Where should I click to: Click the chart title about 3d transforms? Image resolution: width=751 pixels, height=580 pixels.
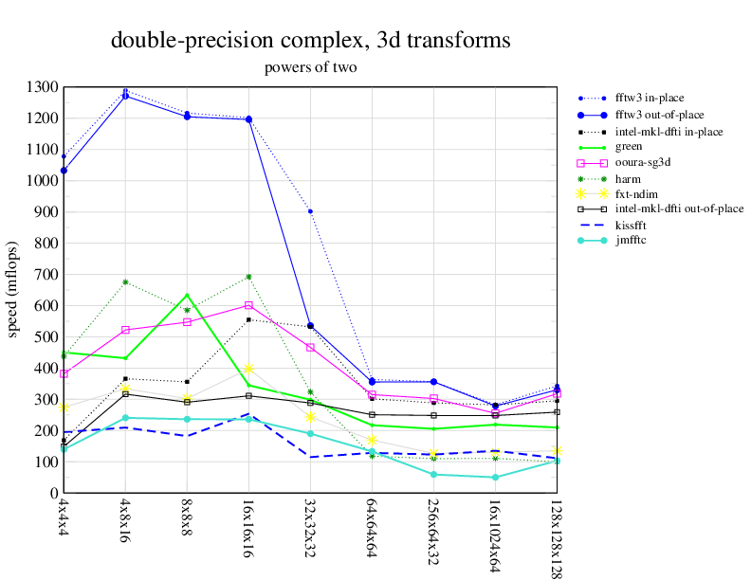(310, 41)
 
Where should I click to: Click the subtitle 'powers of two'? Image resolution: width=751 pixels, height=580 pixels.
(310, 67)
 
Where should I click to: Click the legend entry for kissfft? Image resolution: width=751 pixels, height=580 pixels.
(635, 225)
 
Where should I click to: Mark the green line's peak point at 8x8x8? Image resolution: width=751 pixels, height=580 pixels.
(187, 295)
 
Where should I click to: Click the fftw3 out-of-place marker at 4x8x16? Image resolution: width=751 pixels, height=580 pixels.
(125, 96)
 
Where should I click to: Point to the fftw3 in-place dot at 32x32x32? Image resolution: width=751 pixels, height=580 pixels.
(310, 211)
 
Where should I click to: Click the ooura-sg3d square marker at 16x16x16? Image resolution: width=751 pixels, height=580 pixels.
(248, 305)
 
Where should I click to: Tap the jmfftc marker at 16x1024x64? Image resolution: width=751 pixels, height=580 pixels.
(495, 477)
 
